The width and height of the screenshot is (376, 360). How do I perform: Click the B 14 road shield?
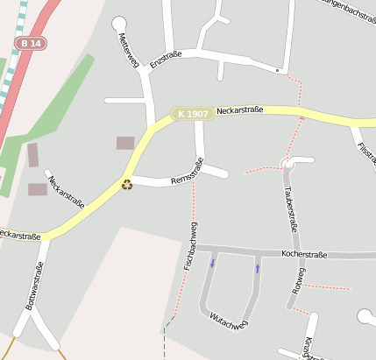30,43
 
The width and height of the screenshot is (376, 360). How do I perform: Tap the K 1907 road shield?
192,114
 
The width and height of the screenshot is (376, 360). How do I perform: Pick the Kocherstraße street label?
304,255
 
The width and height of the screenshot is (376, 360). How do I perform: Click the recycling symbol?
127,185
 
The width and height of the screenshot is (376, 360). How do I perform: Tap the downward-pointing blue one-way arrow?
212,261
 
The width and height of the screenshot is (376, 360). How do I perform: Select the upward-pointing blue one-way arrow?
257,268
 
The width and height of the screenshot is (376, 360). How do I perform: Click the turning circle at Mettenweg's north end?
119,23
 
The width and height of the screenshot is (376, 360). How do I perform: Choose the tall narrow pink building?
33,155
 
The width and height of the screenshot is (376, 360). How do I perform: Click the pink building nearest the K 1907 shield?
125,143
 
